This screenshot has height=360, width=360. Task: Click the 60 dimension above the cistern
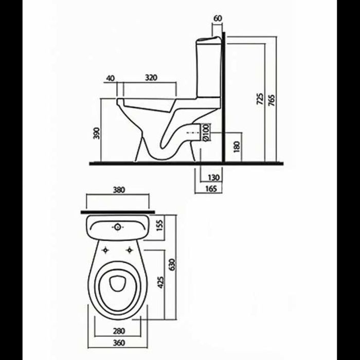[x=218, y=19]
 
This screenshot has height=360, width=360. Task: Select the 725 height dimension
[x=260, y=99]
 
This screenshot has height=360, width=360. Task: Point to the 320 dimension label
[x=151, y=78]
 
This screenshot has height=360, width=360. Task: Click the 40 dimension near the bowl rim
[x=110, y=78]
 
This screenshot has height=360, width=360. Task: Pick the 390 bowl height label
[x=97, y=133]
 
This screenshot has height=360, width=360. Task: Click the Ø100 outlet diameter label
[x=206, y=132]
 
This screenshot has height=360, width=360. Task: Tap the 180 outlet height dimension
[x=237, y=147]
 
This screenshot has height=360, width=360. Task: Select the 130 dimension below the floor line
[x=213, y=177]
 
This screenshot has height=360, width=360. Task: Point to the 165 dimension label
[x=211, y=189]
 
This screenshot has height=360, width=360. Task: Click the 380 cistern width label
[x=119, y=190]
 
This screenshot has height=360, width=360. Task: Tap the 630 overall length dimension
[x=172, y=265]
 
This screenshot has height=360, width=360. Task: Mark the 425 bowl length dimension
[x=160, y=282]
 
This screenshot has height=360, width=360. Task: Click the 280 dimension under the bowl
[x=119, y=331]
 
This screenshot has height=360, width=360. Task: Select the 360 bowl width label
[x=119, y=343]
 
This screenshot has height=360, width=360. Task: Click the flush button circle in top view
[x=118, y=227]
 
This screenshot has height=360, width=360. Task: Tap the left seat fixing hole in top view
[x=105, y=250]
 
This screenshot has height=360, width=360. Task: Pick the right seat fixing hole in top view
[x=130, y=250]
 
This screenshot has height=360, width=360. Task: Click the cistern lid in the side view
[x=209, y=39]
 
